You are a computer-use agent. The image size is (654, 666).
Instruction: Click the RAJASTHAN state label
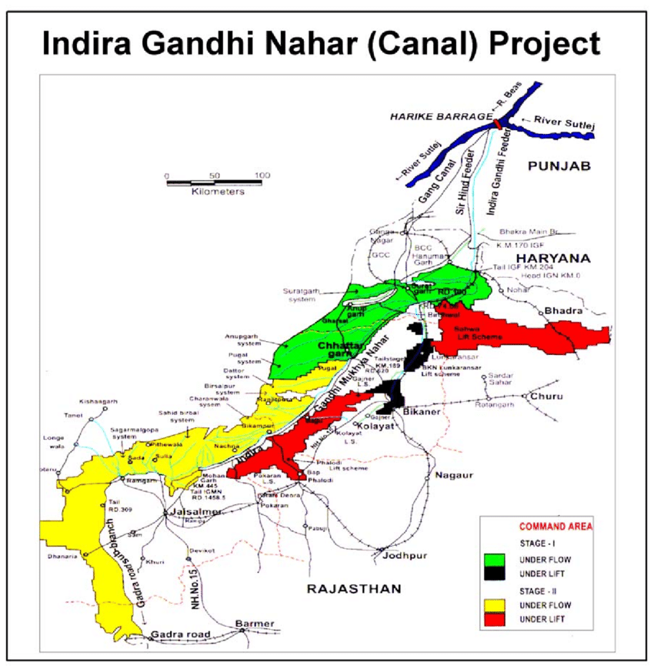(354, 589)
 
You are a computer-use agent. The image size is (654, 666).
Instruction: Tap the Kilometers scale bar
(215, 183)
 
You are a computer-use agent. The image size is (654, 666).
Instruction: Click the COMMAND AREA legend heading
(556, 527)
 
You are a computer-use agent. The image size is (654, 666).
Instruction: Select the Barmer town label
(255, 622)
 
